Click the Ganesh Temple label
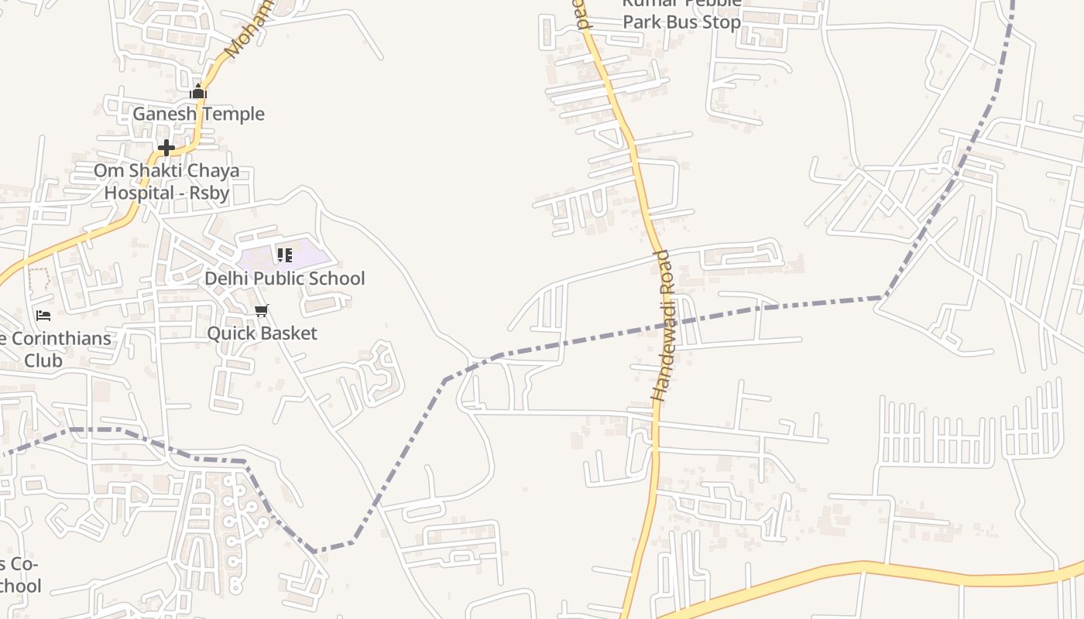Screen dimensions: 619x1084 [198, 114]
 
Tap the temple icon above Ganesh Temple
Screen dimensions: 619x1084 [198, 92]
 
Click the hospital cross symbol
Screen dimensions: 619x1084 [166, 147]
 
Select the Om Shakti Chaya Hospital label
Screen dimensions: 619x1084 [166, 181]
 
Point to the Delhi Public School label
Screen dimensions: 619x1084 [284, 279]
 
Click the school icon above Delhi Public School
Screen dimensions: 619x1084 [284, 255]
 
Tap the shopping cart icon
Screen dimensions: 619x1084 [262, 310]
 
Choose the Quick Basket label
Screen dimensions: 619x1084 [262, 333]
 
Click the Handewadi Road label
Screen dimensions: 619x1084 [664, 325]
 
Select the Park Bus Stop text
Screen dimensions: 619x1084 [682, 22]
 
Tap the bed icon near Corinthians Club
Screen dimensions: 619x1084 [43, 315]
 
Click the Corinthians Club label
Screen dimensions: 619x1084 [54, 349]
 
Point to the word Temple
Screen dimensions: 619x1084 [232, 114]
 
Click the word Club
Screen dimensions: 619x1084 [43, 360]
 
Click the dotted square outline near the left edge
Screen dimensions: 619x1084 [39, 279]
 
